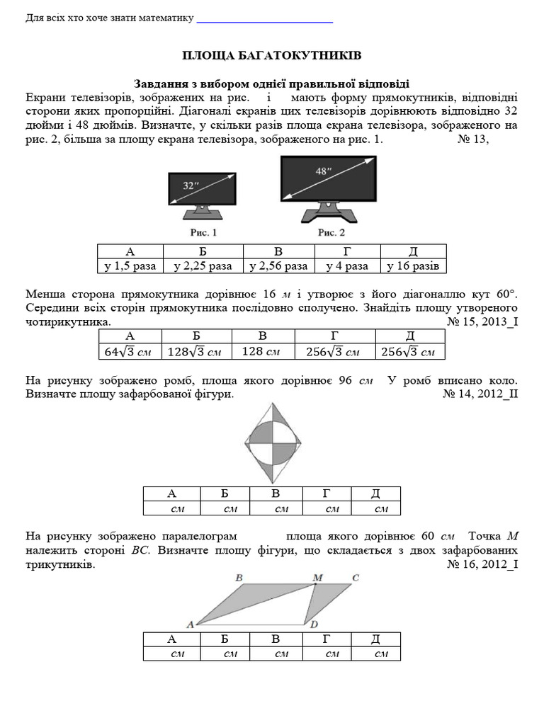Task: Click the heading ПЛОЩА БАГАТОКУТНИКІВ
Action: (272, 55)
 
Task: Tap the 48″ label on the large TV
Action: (322, 171)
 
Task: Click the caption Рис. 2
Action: (331, 232)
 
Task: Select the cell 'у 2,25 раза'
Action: (203, 266)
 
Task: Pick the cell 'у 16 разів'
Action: (414, 266)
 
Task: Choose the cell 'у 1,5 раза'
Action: (130, 266)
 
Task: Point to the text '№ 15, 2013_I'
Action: (483, 321)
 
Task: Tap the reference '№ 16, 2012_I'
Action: (483, 565)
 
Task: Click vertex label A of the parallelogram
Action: (189, 624)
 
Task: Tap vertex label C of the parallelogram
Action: (356, 578)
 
